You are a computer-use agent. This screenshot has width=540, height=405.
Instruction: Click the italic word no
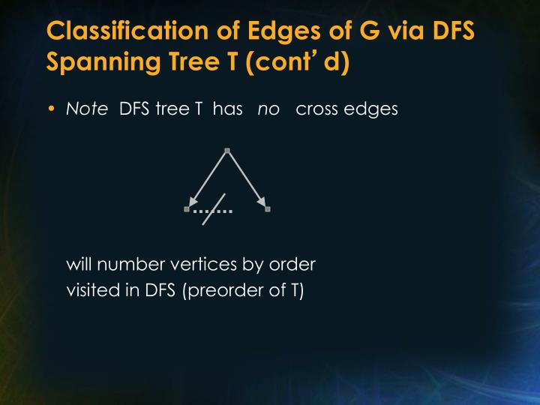click(x=268, y=109)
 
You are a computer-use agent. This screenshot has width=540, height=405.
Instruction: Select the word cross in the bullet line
click(x=319, y=109)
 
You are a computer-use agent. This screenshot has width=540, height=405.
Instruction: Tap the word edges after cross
click(x=372, y=109)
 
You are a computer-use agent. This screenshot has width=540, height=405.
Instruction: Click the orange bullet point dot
click(x=52, y=109)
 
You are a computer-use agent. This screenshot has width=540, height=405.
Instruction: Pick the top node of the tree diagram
click(x=226, y=150)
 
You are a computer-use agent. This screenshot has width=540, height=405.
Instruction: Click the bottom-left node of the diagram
click(x=187, y=209)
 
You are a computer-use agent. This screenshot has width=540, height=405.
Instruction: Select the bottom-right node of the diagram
click(x=268, y=209)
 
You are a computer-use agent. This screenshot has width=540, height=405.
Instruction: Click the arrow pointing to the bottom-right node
click(x=247, y=180)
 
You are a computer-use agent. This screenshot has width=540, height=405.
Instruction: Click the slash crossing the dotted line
click(x=214, y=209)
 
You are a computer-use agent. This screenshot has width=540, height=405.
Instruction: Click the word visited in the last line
click(x=90, y=290)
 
